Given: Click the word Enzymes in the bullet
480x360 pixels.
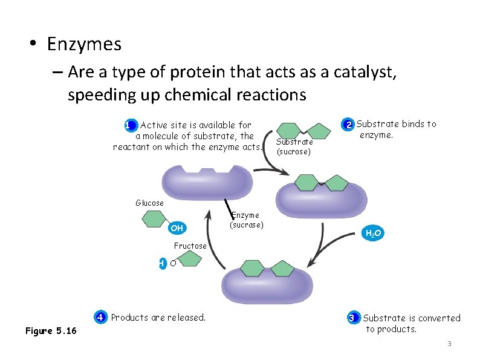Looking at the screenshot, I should tap(84, 44).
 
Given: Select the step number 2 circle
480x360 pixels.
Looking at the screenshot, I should tap(349, 125).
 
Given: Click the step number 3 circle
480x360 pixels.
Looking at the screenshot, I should tap(352, 318).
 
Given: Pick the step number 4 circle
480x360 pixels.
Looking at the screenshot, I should tap(101, 317).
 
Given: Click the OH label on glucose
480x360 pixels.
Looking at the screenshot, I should tap(177, 228).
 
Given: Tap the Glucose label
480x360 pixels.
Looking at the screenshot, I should tap(149, 203).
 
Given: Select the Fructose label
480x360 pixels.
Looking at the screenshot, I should tap(190, 246).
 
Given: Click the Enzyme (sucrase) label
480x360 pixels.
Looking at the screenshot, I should tap(246, 220).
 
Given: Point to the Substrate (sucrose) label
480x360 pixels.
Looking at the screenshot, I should tap(294, 146).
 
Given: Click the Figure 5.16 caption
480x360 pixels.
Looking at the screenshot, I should tap(51, 330).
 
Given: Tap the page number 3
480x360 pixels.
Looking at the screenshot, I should tap(449, 344).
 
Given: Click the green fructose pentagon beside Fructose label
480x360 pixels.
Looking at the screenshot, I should tap(190, 260).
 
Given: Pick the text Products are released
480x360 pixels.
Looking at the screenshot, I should tap(158, 317).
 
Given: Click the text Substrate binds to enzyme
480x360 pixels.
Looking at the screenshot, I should tap(395, 129).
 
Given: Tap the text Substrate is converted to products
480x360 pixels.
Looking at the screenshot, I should tap(410, 323).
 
